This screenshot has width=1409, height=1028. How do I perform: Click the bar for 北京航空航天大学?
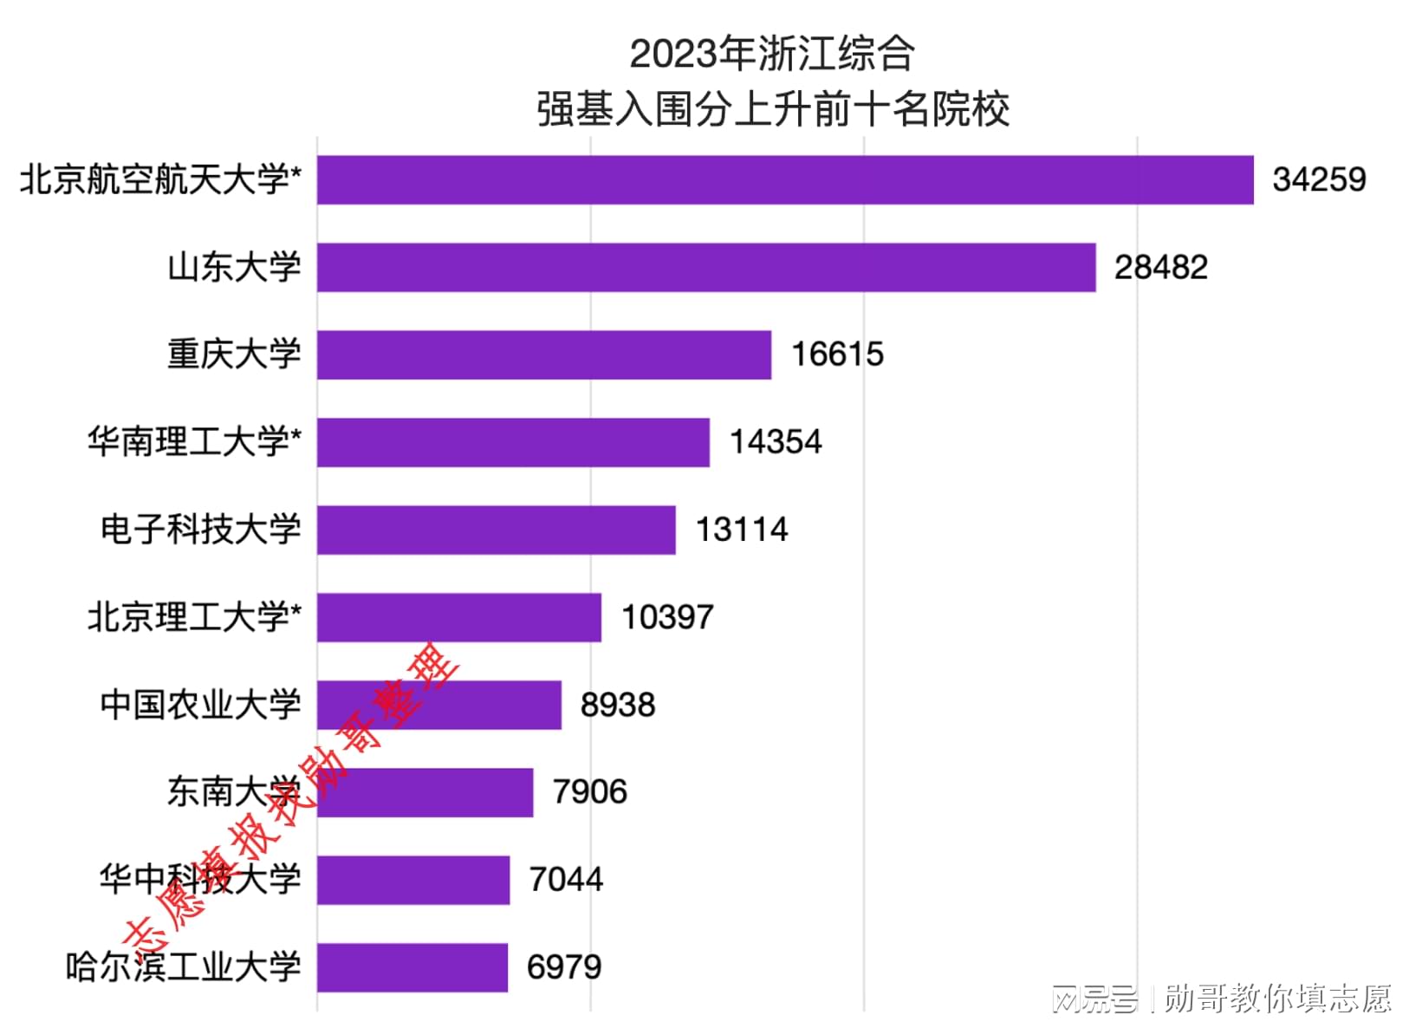pos(784,180)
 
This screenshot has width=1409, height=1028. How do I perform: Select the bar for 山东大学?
pos(705,268)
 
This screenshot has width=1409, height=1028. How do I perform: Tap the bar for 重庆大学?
pos(543,355)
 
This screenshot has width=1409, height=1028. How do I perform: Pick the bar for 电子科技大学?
pos(496,530)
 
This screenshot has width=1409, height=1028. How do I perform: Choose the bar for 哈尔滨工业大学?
pos(412,967)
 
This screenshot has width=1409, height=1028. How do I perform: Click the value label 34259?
pos(1318,180)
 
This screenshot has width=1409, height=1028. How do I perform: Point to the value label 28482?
pos(1160,268)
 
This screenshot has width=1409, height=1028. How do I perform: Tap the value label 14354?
pos(775,442)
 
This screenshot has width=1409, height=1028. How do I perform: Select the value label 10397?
pos(667,617)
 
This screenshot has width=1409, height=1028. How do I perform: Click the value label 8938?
pos(617,705)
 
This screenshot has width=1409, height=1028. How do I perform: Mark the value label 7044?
pos(566,880)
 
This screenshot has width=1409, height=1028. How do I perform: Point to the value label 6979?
pos(563,967)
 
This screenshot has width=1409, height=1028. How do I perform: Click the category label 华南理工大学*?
pos(194,442)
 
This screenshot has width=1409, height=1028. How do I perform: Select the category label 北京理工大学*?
pos(194,617)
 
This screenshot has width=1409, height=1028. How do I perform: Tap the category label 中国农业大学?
pos(200,705)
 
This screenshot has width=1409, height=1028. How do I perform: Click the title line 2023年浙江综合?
pos(771,54)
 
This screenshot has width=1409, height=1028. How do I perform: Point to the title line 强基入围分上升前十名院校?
pos(773,110)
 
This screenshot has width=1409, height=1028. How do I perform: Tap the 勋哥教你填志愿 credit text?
pos(1276,999)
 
